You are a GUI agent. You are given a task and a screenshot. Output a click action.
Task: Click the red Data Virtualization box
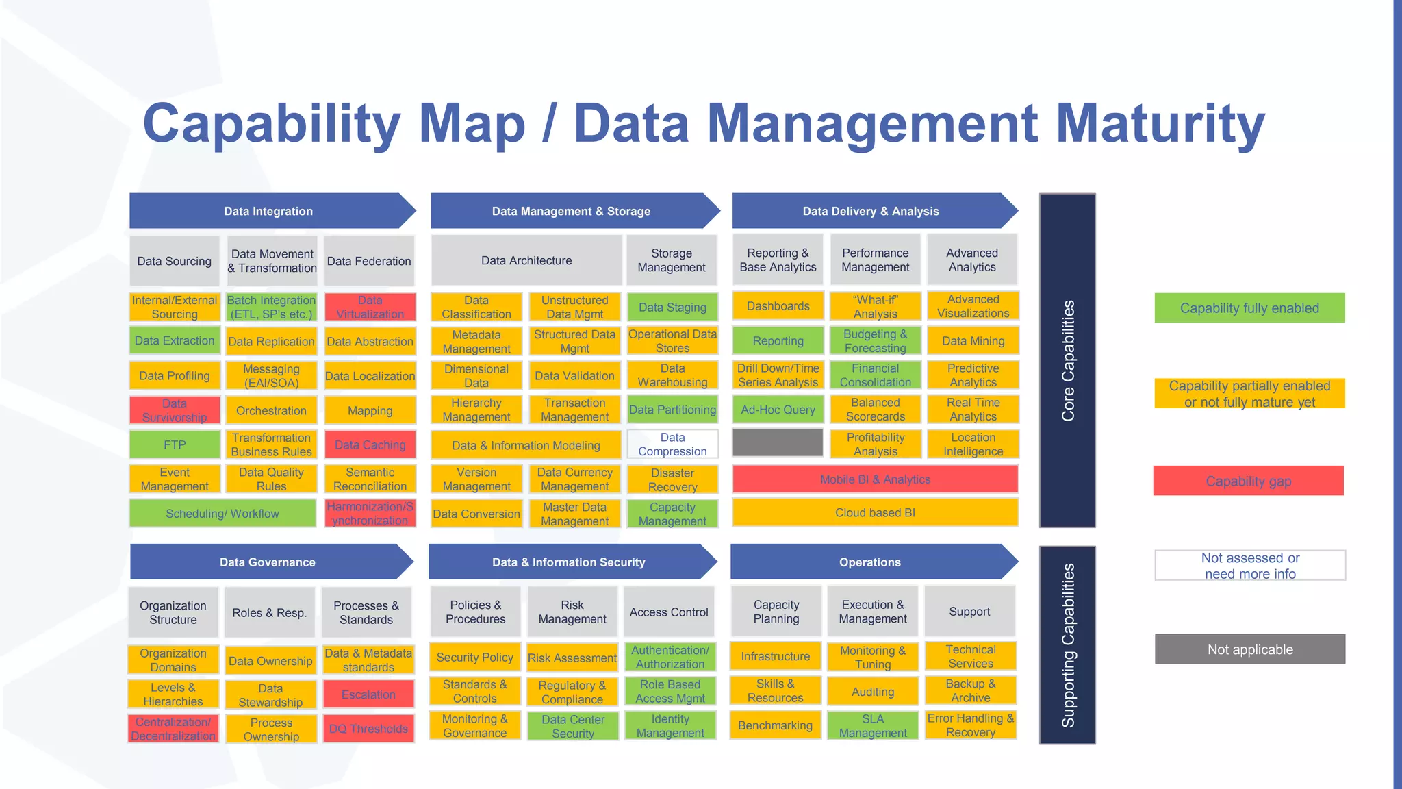point(370,307)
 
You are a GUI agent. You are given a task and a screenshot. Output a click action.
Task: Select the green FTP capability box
point(175,444)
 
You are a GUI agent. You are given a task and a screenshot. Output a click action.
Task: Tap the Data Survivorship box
point(175,410)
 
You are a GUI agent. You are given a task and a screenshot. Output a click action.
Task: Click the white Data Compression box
point(672,444)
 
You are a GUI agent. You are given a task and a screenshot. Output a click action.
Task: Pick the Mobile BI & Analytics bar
point(875,479)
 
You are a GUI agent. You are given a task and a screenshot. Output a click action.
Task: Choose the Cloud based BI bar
point(875,512)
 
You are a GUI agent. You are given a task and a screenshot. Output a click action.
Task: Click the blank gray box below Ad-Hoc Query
point(778,442)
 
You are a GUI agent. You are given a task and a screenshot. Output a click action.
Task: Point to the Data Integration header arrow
point(269,211)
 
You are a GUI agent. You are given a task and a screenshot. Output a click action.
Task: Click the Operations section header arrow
point(870,562)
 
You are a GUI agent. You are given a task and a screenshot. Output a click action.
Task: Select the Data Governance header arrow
point(268,562)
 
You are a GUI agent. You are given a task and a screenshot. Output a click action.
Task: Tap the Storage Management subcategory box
point(672,260)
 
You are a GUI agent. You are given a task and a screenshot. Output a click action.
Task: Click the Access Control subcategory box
point(669,612)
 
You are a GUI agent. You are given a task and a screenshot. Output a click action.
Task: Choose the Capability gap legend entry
point(1248,481)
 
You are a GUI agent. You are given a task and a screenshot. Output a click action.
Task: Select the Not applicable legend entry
point(1249,649)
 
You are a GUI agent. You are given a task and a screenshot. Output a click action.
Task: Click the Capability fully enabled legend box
point(1249,308)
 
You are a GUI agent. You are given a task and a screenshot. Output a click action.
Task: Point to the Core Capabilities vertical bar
point(1067,360)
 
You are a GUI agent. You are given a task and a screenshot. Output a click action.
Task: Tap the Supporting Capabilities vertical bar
point(1067,644)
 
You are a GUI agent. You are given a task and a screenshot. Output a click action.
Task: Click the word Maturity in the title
point(1160,124)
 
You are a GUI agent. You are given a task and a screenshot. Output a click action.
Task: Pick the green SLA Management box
point(873,725)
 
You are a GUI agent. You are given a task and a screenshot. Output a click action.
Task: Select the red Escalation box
point(368,694)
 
